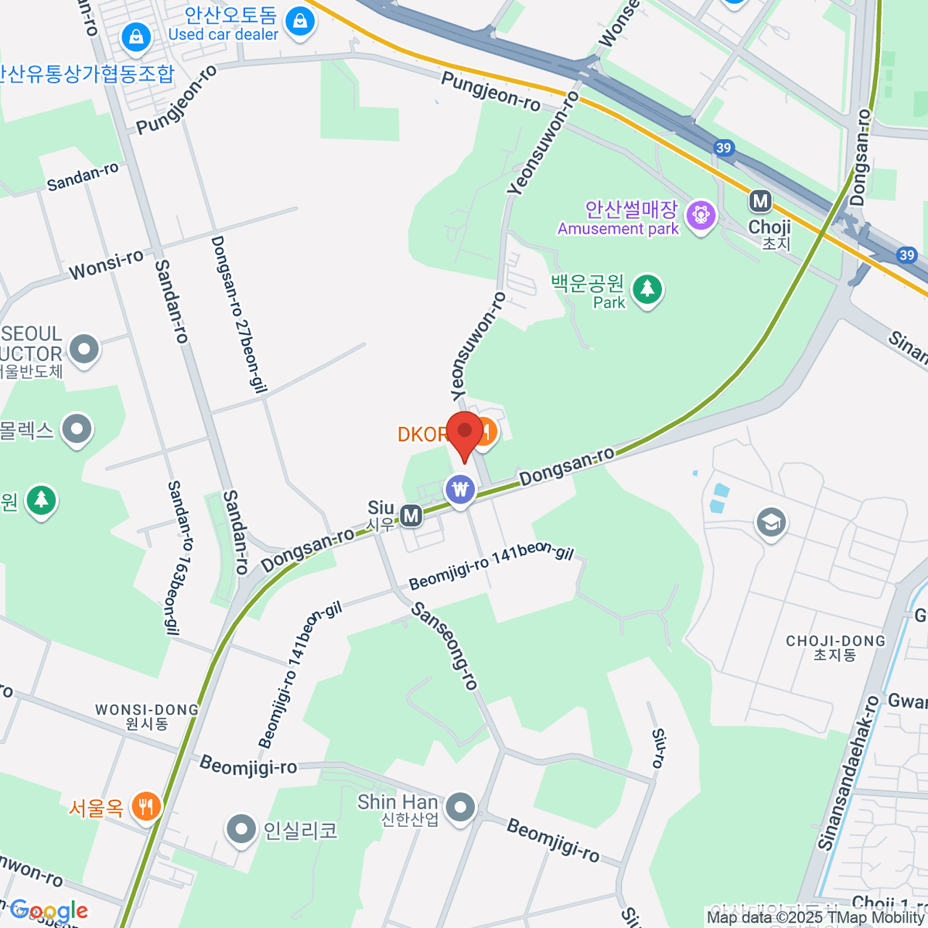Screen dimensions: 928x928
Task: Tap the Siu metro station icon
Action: (411, 515)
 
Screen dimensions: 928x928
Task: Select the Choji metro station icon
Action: (760, 202)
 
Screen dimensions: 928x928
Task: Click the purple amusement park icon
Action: (701, 213)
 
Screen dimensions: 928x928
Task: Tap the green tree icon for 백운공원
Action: (647, 290)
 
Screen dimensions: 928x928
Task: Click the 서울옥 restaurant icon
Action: (145, 807)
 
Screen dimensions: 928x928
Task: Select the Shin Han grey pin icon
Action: (461, 807)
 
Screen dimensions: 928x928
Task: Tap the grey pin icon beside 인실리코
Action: (241, 830)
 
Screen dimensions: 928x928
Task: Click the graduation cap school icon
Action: (770, 523)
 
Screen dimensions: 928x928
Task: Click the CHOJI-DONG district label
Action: (835, 647)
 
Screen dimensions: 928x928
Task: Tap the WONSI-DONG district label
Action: (147, 716)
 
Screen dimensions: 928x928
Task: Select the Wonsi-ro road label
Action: (106, 265)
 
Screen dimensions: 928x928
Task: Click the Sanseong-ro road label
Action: (445, 646)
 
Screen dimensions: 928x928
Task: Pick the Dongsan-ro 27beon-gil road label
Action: (239, 315)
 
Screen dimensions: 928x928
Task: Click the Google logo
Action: (48, 911)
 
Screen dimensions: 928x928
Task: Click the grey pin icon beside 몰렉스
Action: (77, 430)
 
